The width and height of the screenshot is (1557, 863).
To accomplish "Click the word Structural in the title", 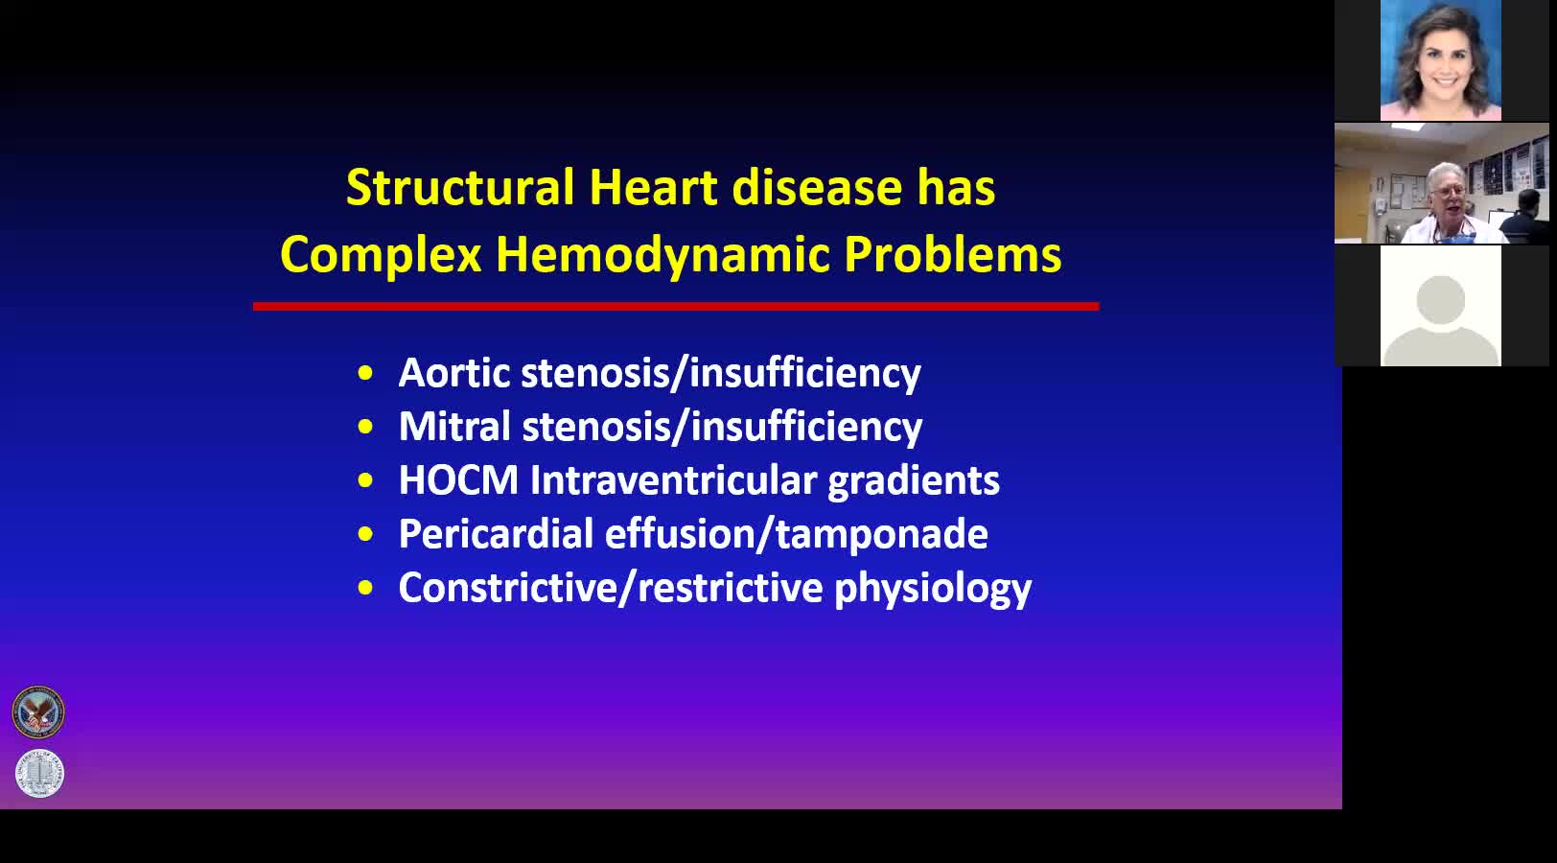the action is [460, 187].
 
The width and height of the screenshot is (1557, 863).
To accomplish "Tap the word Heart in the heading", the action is [653, 187].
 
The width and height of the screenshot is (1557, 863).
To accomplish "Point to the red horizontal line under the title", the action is [676, 306].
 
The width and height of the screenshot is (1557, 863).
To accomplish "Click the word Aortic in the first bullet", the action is [454, 373].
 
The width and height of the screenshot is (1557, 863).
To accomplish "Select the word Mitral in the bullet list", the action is [455, 426].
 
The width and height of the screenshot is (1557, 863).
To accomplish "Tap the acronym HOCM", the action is [458, 479].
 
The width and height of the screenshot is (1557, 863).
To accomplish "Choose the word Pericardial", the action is [496, 534].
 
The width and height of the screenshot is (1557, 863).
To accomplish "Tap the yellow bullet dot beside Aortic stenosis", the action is [365, 373].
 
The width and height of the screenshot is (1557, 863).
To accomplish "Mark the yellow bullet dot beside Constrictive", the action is [365, 589].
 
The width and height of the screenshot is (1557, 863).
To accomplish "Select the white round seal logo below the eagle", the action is [39, 773].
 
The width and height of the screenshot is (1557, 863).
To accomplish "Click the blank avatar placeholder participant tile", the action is [1441, 306].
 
